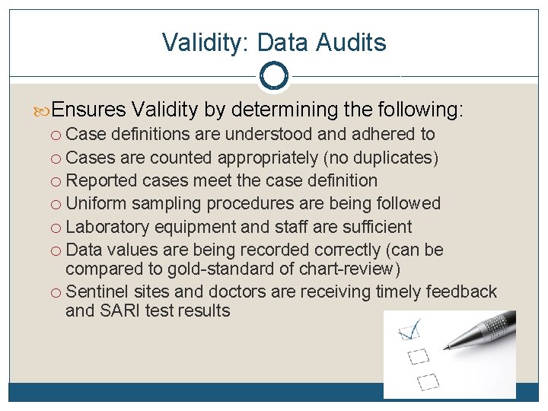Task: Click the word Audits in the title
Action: point(352,43)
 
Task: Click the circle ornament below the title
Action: point(273,75)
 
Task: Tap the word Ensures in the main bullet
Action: point(89,110)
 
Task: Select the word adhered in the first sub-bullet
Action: point(378,135)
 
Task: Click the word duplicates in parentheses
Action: point(397,158)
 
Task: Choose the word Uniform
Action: point(97,203)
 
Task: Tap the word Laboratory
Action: point(107,227)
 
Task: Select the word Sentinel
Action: point(97,292)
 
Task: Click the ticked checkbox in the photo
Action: point(409,331)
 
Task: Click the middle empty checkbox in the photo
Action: point(419,355)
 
